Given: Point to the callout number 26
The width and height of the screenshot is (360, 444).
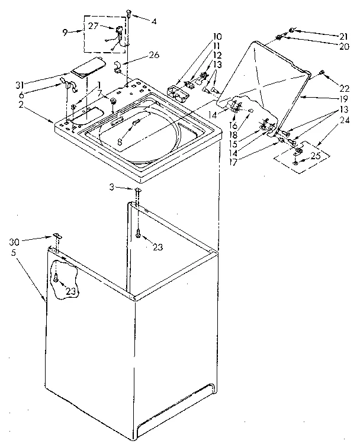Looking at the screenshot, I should coord(154,56).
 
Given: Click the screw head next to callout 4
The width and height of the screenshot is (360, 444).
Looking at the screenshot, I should coord(128,12).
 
